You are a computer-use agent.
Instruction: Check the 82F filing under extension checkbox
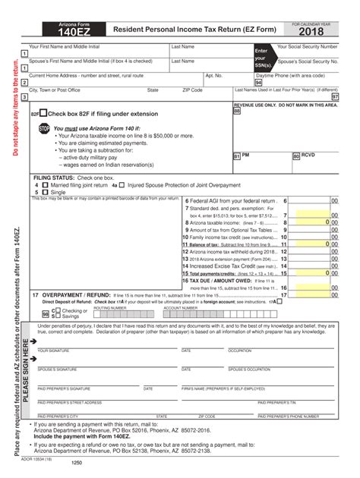43,112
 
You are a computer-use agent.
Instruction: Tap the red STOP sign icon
44,129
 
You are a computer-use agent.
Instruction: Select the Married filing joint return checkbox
46,184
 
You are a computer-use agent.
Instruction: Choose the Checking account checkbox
55,310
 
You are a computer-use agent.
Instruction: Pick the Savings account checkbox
55,316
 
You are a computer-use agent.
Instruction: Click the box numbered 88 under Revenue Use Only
237,112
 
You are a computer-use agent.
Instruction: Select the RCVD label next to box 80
308,155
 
